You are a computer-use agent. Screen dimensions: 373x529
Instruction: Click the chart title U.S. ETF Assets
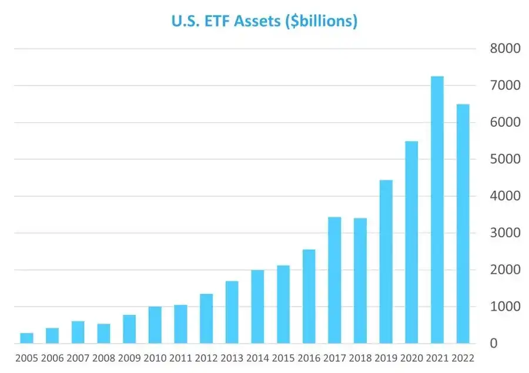coord(264,22)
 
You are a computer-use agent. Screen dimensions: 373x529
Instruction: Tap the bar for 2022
coord(463,224)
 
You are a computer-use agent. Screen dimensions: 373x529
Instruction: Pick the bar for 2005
coord(27,338)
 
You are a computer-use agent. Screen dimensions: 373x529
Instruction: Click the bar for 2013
coord(232,312)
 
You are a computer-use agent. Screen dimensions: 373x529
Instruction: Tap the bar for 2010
coord(155,325)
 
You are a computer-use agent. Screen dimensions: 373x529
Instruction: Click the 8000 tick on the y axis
coord(505,49)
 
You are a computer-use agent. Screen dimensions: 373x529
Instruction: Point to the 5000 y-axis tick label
coord(505,160)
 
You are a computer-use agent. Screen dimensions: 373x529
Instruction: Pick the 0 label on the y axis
coord(494,344)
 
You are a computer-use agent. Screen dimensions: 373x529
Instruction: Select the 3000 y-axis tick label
coord(505,233)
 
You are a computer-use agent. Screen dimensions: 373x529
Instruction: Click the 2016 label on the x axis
coord(309,358)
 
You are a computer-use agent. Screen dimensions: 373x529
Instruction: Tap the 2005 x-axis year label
coord(27,358)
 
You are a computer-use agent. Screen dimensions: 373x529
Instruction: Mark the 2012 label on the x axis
coord(206,358)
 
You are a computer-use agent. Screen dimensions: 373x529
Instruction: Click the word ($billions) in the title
coord(320,22)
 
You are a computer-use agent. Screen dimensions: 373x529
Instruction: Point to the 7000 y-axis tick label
coord(505,86)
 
